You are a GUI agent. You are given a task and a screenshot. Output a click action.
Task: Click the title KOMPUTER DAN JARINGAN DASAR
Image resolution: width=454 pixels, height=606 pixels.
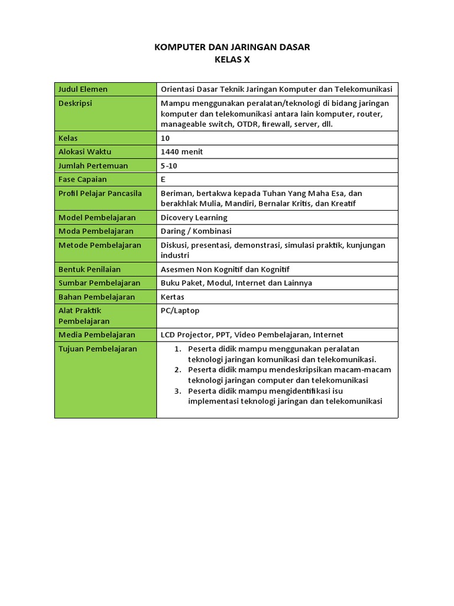(x=232, y=47)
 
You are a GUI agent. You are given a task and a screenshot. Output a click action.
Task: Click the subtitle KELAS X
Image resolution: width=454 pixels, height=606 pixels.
(x=232, y=59)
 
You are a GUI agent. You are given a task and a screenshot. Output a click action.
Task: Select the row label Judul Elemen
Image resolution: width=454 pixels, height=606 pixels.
(x=83, y=89)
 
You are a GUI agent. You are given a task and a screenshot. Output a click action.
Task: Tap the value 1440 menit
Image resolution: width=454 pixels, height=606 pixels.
(x=181, y=152)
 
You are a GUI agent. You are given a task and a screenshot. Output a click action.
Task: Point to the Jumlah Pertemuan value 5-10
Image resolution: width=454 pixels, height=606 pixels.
(x=169, y=166)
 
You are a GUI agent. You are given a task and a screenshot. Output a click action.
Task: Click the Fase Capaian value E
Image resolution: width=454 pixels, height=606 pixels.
(x=163, y=179)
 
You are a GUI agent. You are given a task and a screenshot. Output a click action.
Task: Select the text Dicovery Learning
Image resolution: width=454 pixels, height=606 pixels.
(x=194, y=218)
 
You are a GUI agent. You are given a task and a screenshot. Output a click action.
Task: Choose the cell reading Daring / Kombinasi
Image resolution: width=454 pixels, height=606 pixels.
(x=196, y=231)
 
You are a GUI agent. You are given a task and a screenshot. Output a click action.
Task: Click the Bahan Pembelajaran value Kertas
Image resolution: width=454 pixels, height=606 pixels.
(x=173, y=297)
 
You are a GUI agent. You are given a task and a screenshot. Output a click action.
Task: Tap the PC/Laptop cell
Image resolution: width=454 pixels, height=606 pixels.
(x=180, y=311)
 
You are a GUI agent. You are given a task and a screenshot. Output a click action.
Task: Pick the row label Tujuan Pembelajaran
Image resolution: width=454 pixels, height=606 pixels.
(x=98, y=349)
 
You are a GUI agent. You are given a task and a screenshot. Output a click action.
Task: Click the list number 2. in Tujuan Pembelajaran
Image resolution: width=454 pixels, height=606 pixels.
(x=177, y=370)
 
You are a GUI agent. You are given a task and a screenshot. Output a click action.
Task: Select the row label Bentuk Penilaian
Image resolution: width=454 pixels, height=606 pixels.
(x=89, y=270)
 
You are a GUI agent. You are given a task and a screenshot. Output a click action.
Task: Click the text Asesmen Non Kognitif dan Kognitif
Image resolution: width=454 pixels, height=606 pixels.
(x=225, y=270)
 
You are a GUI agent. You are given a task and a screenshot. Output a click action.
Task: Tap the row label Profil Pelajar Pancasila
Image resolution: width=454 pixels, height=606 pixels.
(x=100, y=194)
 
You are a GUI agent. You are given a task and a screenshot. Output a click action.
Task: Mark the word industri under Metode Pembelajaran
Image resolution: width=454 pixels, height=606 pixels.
(x=175, y=256)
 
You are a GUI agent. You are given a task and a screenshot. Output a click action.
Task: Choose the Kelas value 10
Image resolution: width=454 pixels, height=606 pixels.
(x=165, y=138)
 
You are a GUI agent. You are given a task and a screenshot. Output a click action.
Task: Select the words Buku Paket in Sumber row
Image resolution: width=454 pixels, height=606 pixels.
(x=180, y=283)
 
